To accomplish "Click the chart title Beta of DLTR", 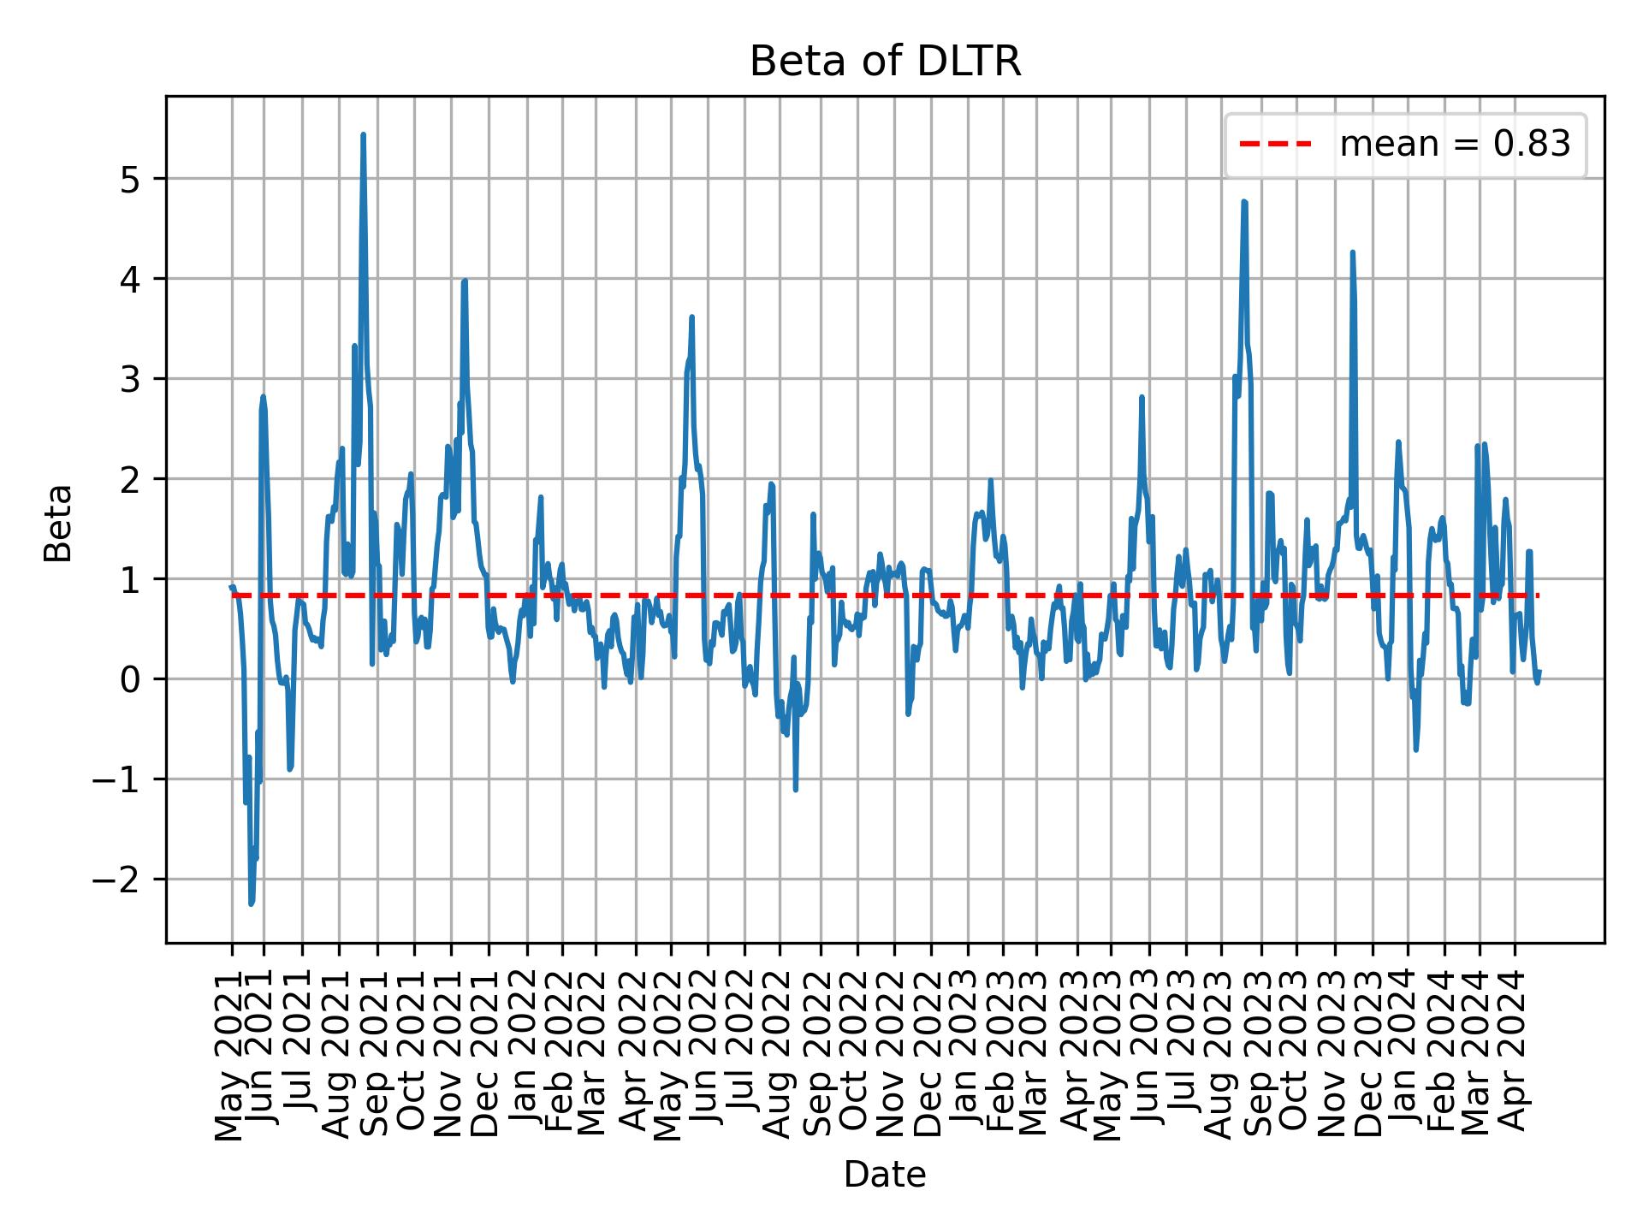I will pyautogui.click(x=885, y=62).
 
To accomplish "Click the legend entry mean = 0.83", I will pyautogui.click(x=1454, y=145).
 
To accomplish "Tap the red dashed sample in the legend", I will pyautogui.click(x=1275, y=145).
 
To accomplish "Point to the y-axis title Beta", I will pyautogui.click(x=58, y=523).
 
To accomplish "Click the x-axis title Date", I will pyautogui.click(x=885, y=1175).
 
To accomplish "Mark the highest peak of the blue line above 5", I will pyautogui.click(x=363, y=135).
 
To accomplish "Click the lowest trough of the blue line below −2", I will pyautogui.click(x=252, y=903).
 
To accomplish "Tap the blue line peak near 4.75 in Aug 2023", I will pyautogui.click(x=1244, y=202).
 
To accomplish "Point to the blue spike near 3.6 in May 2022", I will pyautogui.click(x=691, y=317).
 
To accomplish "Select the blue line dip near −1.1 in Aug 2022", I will pyautogui.click(x=796, y=789).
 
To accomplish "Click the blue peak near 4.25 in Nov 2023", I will pyautogui.click(x=1353, y=252).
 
